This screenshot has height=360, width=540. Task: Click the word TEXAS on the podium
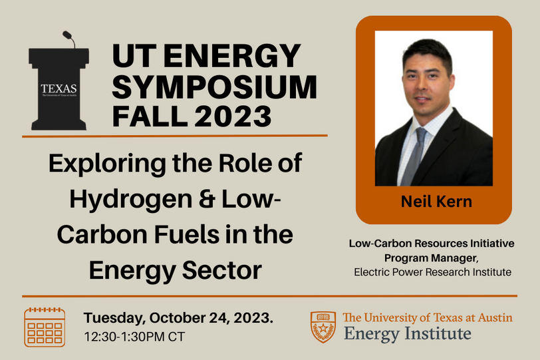pos(59,88)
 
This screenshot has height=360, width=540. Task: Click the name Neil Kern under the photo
pos(436,202)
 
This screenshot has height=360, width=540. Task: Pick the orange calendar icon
pos(45,327)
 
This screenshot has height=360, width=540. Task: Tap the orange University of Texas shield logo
pos(323,326)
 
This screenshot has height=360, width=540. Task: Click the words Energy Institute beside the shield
pos(407,333)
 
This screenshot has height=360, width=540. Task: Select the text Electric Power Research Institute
pos(432,271)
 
